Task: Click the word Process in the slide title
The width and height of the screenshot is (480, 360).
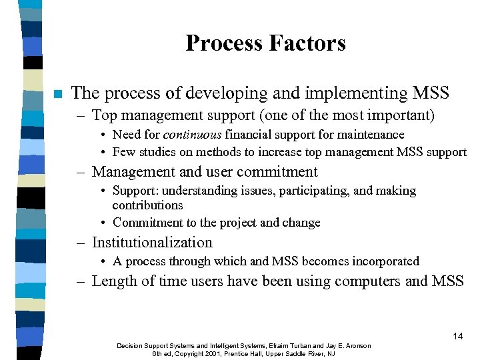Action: [223, 43]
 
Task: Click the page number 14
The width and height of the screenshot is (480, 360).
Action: [457, 336]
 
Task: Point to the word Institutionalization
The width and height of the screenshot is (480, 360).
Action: [152, 243]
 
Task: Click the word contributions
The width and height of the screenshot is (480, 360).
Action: [147, 205]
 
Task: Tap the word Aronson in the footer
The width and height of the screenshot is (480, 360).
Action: [355, 345]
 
